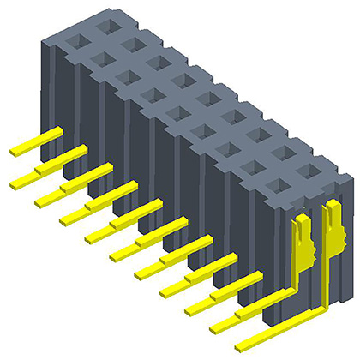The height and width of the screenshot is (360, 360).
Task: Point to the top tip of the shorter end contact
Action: click(302, 221)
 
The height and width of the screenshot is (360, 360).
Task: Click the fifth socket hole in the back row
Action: click(207, 97)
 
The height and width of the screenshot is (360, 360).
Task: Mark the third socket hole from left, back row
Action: click(158, 62)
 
